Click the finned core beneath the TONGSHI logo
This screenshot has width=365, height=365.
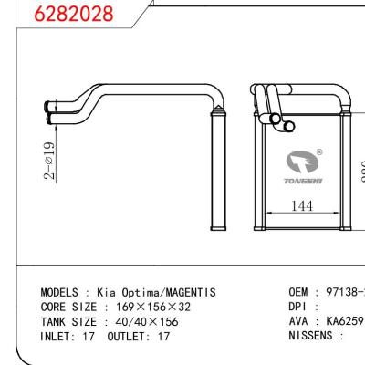click(x=300, y=233)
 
